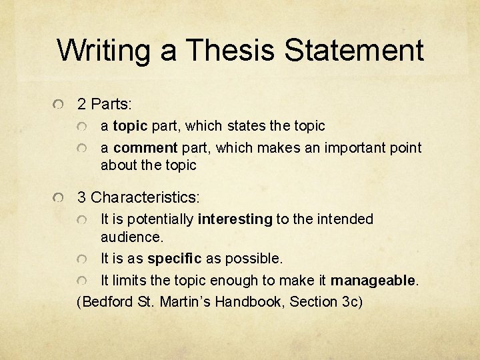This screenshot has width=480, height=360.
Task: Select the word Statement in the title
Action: [353, 51]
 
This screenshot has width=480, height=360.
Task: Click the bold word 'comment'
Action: [145, 147]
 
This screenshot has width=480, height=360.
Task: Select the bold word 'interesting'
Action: [235, 219]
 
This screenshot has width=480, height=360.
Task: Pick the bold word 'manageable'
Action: [373, 280]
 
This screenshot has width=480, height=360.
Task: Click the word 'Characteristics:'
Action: [145, 198]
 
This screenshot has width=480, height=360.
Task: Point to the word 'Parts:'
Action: [112, 105]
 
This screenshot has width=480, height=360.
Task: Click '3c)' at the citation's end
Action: [351, 301]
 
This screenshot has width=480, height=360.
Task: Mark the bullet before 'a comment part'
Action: [83, 148]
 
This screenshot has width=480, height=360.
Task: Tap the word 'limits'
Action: [126, 280]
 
